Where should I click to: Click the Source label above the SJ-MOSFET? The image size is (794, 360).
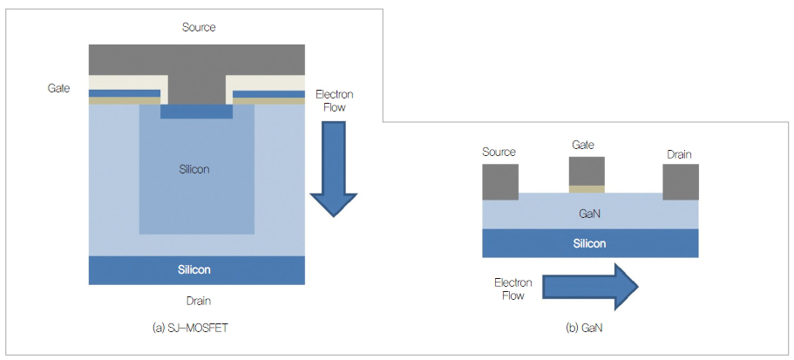tap(199, 27)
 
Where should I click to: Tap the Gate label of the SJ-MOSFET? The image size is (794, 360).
tap(59, 88)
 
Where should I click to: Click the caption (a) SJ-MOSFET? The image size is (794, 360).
tap(196, 329)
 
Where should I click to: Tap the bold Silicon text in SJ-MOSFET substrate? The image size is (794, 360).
tap(196, 270)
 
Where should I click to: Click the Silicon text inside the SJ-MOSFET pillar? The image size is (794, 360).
tap(196, 168)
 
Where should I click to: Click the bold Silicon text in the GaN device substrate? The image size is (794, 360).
tap(590, 243)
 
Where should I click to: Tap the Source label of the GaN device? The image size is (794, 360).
tap(499, 154)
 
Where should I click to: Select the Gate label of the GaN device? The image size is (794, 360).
tap(584, 145)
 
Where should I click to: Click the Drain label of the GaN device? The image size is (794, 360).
tap(679, 154)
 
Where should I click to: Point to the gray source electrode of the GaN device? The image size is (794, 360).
tap(499, 180)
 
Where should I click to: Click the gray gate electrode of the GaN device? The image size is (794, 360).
tap(586, 171)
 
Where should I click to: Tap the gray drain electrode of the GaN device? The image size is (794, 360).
tap(680, 180)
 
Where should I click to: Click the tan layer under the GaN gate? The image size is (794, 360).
tap(586, 188)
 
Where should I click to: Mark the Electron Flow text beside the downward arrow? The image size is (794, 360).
tap(333, 100)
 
